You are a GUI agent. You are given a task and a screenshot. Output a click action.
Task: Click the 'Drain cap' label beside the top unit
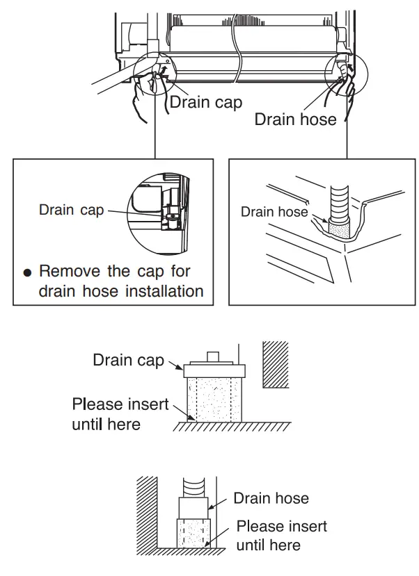click(x=206, y=102)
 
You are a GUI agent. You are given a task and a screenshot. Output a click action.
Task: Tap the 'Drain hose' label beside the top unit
click(x=295, y=120)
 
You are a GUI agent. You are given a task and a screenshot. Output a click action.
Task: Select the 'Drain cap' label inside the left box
click(x=72, y=210)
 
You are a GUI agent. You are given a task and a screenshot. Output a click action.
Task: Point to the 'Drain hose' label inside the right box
click(x=274, y=212)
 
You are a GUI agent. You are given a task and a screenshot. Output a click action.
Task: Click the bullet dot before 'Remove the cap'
click(x=27, y=272)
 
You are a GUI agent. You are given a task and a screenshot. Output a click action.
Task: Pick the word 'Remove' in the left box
click(x=70, y=271)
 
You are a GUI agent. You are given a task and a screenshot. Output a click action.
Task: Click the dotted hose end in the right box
click(x=339, y=229)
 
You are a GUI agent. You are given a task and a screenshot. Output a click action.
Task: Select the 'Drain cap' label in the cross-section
click(x=128, y=360)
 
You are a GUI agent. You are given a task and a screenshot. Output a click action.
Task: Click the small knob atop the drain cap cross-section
click(x=212, y=356)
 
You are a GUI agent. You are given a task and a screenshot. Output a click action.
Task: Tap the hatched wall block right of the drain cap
click(x=276, y=364)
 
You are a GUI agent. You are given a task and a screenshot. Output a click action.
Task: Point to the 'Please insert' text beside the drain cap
click(x=120, y=404)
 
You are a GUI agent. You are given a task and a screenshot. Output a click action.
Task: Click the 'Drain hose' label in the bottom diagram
click(x=271, y=498)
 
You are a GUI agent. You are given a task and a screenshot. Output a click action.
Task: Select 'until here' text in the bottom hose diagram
click(x=268, y=545)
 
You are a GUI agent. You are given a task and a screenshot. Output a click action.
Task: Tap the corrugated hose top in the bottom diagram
click(x=193, y=488)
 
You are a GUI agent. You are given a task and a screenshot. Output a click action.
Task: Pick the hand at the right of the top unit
click(x=344, y=89)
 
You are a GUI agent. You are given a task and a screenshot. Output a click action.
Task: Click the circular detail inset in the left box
click(x=159, y=213)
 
